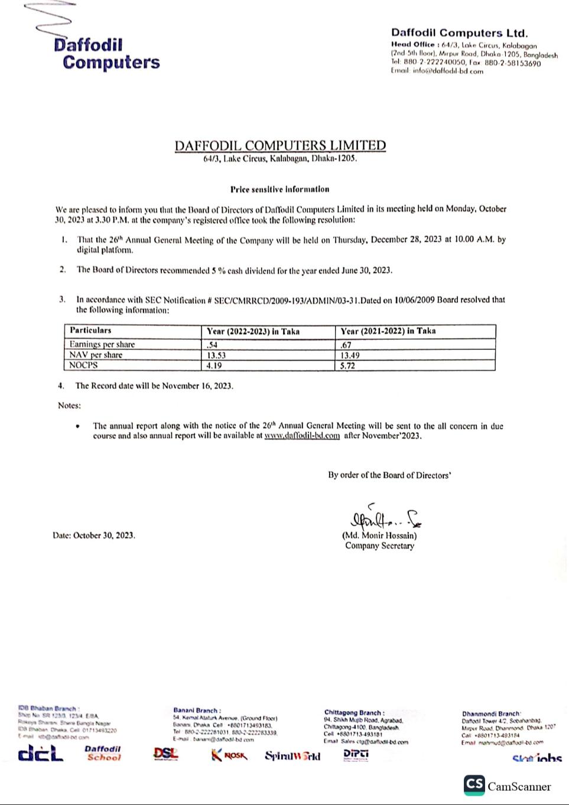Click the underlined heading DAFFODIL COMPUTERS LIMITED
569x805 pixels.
coord(280,145)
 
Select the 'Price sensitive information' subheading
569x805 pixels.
coord(279,189)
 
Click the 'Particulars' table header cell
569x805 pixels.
coord(90,331)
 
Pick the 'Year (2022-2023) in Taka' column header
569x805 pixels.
coord(253,331)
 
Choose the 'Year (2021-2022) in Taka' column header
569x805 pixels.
coord(388,331)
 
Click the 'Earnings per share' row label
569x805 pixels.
coord(102,345)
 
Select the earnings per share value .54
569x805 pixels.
coord(212,345)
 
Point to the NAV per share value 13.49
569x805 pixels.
coord(350,355)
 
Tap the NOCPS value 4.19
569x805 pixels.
coord(214,365)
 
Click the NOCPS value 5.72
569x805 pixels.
coord(348,365)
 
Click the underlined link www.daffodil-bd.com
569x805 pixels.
coord(302,436)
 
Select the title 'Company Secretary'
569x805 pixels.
coord(379,546)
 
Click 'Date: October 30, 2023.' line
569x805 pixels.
coord(93,535)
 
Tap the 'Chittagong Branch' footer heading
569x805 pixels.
coord(354,713)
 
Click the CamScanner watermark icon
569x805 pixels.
coord(474,784)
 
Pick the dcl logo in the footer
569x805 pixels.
coord(40,754)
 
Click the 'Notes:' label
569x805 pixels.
coord(69,405)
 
